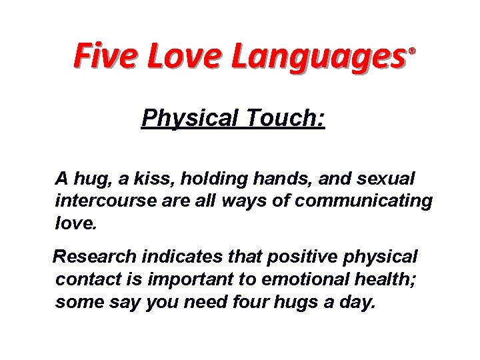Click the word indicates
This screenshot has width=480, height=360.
click(x=173, y=255)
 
